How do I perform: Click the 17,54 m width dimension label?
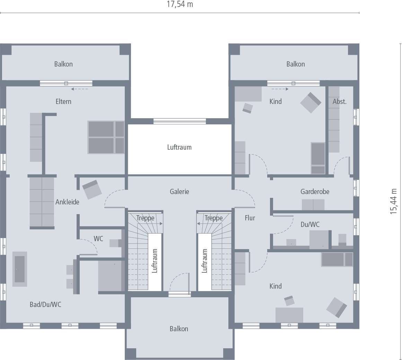pos(180,4)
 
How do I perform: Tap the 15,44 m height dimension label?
pos(394,201)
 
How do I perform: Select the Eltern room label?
pos(63,102)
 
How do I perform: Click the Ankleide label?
pos(67,202)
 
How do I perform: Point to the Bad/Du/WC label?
pos(45,305)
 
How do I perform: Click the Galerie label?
pos(180,191)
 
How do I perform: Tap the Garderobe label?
pos(315,191)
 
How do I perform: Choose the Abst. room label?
pos(339,102)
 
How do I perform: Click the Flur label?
pos(250,218)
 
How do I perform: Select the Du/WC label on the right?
pos(310,225)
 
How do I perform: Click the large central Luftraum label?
pos(179,147)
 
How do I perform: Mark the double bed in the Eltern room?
pos(106,137)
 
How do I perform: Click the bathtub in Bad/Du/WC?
pos(20,269)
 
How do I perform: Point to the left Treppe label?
pos(145,218)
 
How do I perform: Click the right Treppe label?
pos(213,218)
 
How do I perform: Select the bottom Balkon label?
pos(179,329)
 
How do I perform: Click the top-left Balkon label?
pos(63,64)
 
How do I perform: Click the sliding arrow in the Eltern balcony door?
pos(79,89)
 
